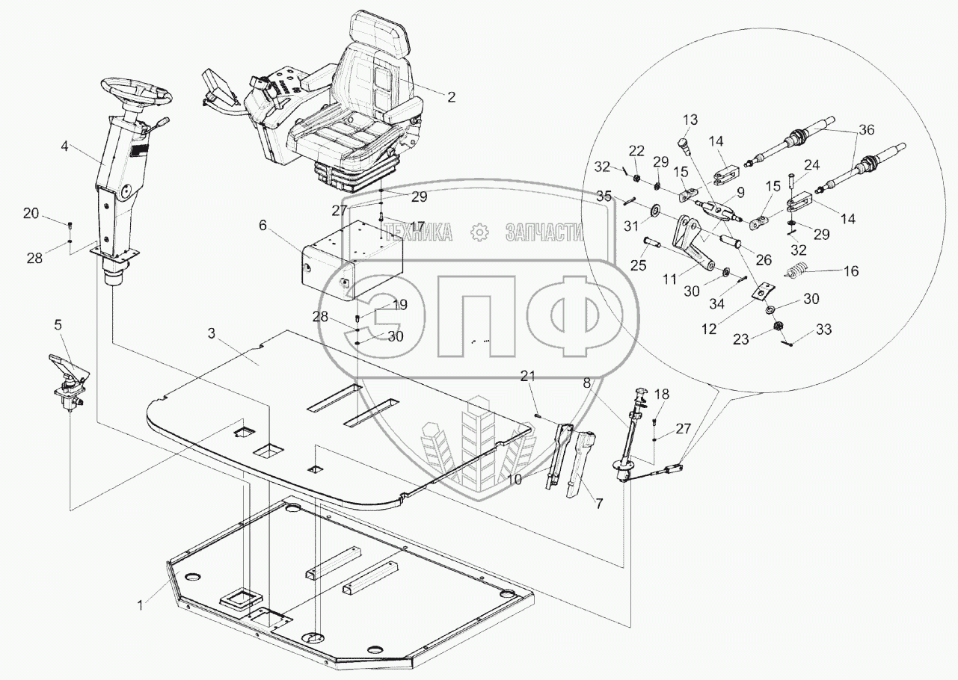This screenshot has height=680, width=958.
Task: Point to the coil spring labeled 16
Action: (x=796, y=273)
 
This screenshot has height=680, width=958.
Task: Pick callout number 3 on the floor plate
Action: (x=213, y=333)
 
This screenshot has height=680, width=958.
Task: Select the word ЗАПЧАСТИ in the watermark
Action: (x=544, y=233)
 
